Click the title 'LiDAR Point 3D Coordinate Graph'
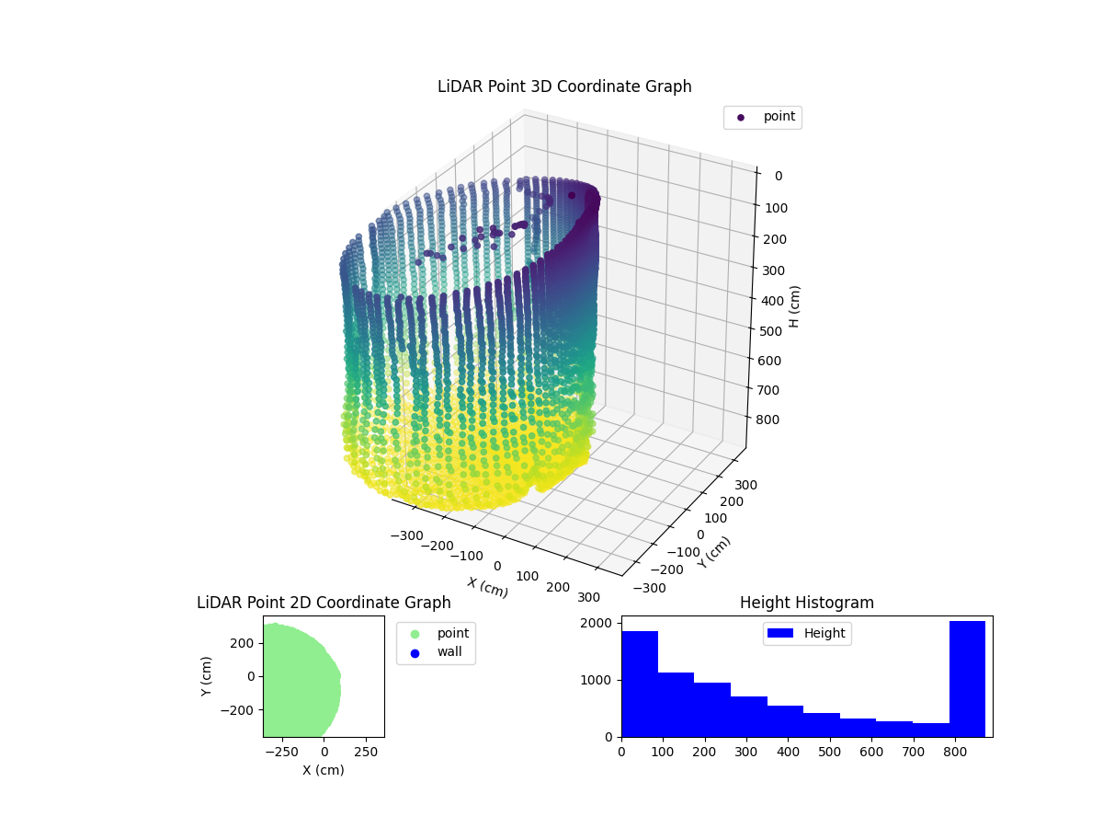[x=564, y=86]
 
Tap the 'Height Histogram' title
[x=806, y=603]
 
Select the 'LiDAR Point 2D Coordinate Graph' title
[x=324, y=603]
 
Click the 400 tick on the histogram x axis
[x=789, y=751]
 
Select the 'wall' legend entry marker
[x=415, y=652]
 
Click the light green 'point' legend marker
[x=415, y=633]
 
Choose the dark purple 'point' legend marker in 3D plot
[x=741, y=117]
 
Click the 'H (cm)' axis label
[x=795, y=306]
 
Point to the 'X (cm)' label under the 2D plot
[x=324, y=770]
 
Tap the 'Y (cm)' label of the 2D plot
[x=207, y=676]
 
